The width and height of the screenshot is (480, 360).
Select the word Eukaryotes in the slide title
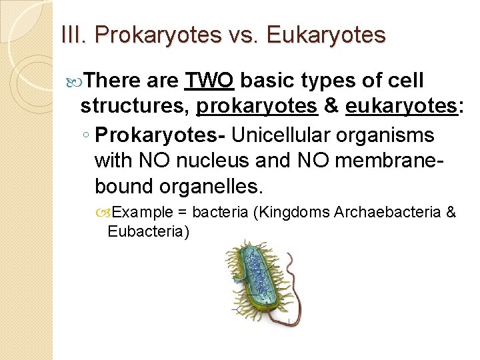pos(326,34)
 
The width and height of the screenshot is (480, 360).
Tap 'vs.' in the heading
pos(249,34)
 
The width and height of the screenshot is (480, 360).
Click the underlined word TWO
pos(209,81)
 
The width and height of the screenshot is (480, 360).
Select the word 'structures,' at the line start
pos(135,105)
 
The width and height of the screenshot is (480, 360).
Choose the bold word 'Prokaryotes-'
pos(159,135)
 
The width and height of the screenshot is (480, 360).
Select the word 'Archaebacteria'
pos(387,212)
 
